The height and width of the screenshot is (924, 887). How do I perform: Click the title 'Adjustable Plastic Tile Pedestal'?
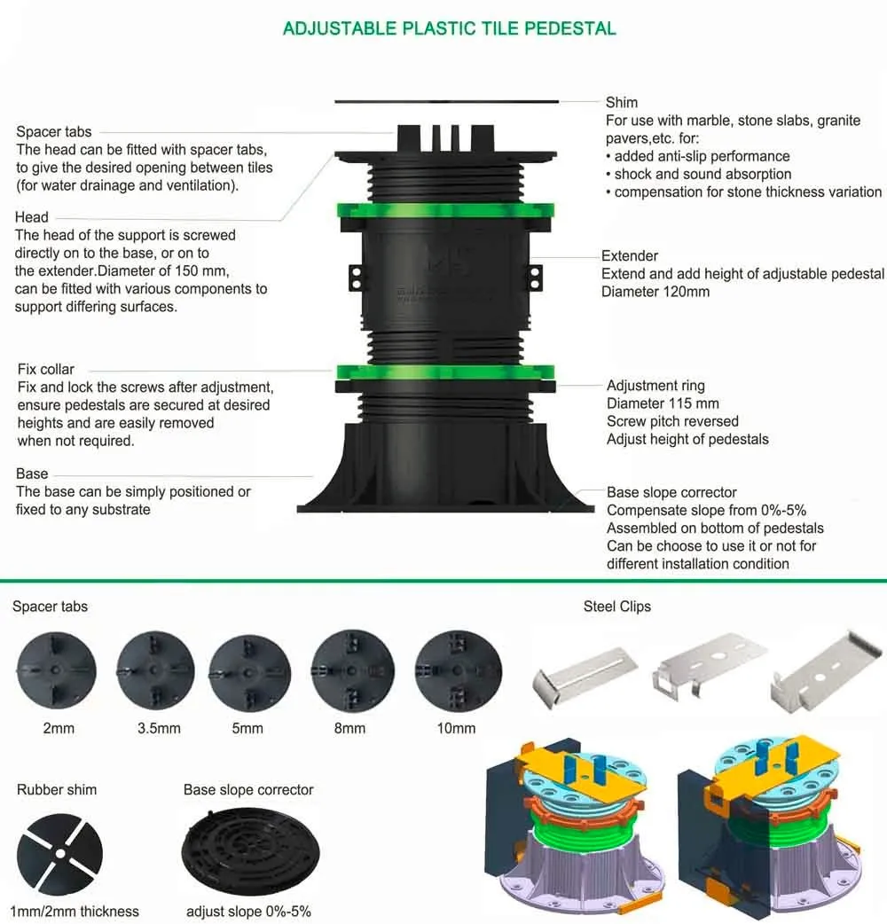449,28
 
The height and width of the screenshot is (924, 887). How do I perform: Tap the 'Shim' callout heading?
621,103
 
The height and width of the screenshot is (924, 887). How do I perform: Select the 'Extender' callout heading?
630,256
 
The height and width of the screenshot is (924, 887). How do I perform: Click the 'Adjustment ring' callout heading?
655,386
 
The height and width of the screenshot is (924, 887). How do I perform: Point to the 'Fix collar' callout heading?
46,369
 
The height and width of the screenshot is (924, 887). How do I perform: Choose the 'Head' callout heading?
32,216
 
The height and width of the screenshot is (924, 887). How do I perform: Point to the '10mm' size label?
456,728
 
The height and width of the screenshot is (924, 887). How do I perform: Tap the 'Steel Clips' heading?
616,607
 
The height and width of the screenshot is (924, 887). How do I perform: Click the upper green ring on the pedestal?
445,212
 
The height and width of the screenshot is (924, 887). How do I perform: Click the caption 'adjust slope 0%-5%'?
248,911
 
